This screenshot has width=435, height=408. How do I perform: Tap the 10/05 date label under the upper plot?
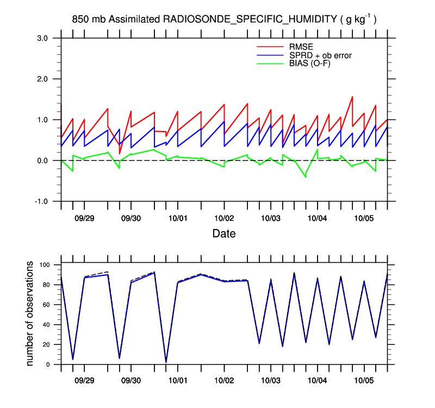364,218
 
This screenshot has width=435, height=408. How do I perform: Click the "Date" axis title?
224,234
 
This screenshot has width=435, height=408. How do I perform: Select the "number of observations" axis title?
30,313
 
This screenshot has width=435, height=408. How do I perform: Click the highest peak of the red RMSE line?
352,97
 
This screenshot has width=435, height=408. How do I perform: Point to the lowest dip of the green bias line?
306,177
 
